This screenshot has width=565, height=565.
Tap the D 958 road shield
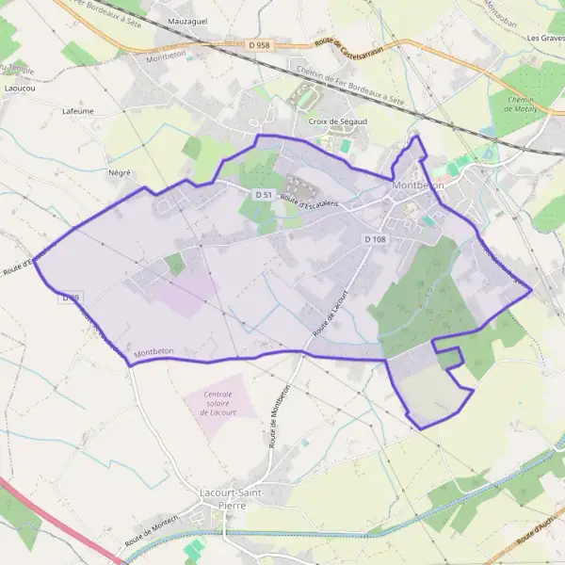[260, 44]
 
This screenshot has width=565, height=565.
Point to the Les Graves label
[545, 39]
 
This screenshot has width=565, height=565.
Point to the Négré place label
[120, 173]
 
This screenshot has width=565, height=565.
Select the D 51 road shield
[265, 195]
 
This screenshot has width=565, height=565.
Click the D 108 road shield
[375, 240]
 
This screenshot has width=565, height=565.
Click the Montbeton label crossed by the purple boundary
[156, 352]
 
